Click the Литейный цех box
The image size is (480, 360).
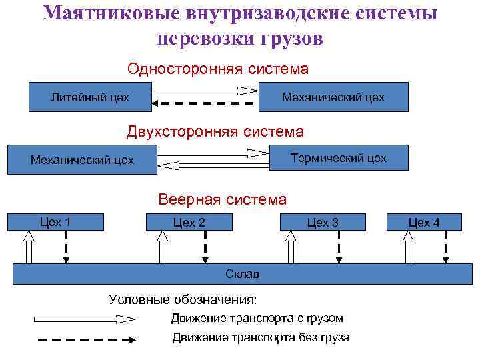click(x=90, y=97)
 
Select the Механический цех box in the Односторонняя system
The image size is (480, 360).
click(x=333, y=97)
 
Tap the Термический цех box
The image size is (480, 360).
click(x=338, y=158)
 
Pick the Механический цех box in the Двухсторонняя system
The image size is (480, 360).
click(x=82, y=160)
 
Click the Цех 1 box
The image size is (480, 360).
click(x=55, y=222)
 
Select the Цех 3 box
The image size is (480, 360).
click(x=323, y=223)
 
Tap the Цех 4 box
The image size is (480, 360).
click(x=424, y=223)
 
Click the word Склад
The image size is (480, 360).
click(x=242, y=274)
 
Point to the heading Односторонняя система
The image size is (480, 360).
click(x=218, y=69)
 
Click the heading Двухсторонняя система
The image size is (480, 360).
click(x=215, y=132)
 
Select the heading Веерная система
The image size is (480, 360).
click(x=222, y=199)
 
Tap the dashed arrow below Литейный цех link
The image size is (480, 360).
click(x=203, y=103)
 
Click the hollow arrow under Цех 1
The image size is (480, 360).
click(x=27, y=247)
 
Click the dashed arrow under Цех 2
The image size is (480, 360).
click(x=205, y=247)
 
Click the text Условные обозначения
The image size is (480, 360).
click(x=183, y=299)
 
